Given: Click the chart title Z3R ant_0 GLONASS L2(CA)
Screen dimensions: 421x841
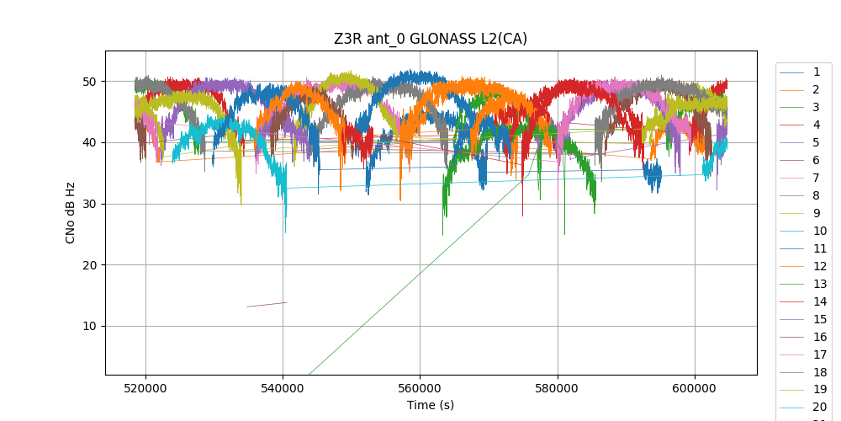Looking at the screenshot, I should pyautogui.click(x=431, y=39).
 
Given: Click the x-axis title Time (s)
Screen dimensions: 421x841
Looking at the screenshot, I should pyautogui.click(x=431, y=405).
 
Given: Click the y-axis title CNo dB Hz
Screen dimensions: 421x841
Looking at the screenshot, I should pyautogui.click(x=71, y=212).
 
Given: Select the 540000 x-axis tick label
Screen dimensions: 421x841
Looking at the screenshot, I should pyautogui.click(x=283, y=387).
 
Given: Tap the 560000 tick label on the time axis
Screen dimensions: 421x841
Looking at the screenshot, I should pyautogui.click(x=420, y=387).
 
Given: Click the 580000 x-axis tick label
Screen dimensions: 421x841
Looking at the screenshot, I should pyautogui.click(x=558, y=387).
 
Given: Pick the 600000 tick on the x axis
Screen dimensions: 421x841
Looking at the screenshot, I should pyautogui.click(x=695, y=387).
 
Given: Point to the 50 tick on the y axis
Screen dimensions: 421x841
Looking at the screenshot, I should pyautogui.click(x=87, y=82).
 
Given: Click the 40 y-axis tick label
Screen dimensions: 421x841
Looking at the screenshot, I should pyautogui.click(x=87, y=142).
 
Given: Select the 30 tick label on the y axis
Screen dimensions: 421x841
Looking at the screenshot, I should pyautogui.click(x=87, y=204).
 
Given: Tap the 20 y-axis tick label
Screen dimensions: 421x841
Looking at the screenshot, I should pyautogui.click(x=87, y=265).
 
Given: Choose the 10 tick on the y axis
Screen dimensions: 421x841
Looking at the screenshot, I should pyautogui.click(x=87, y=326).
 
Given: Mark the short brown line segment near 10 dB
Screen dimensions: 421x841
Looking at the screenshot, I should pyautogui.click(x=267, y=304).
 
